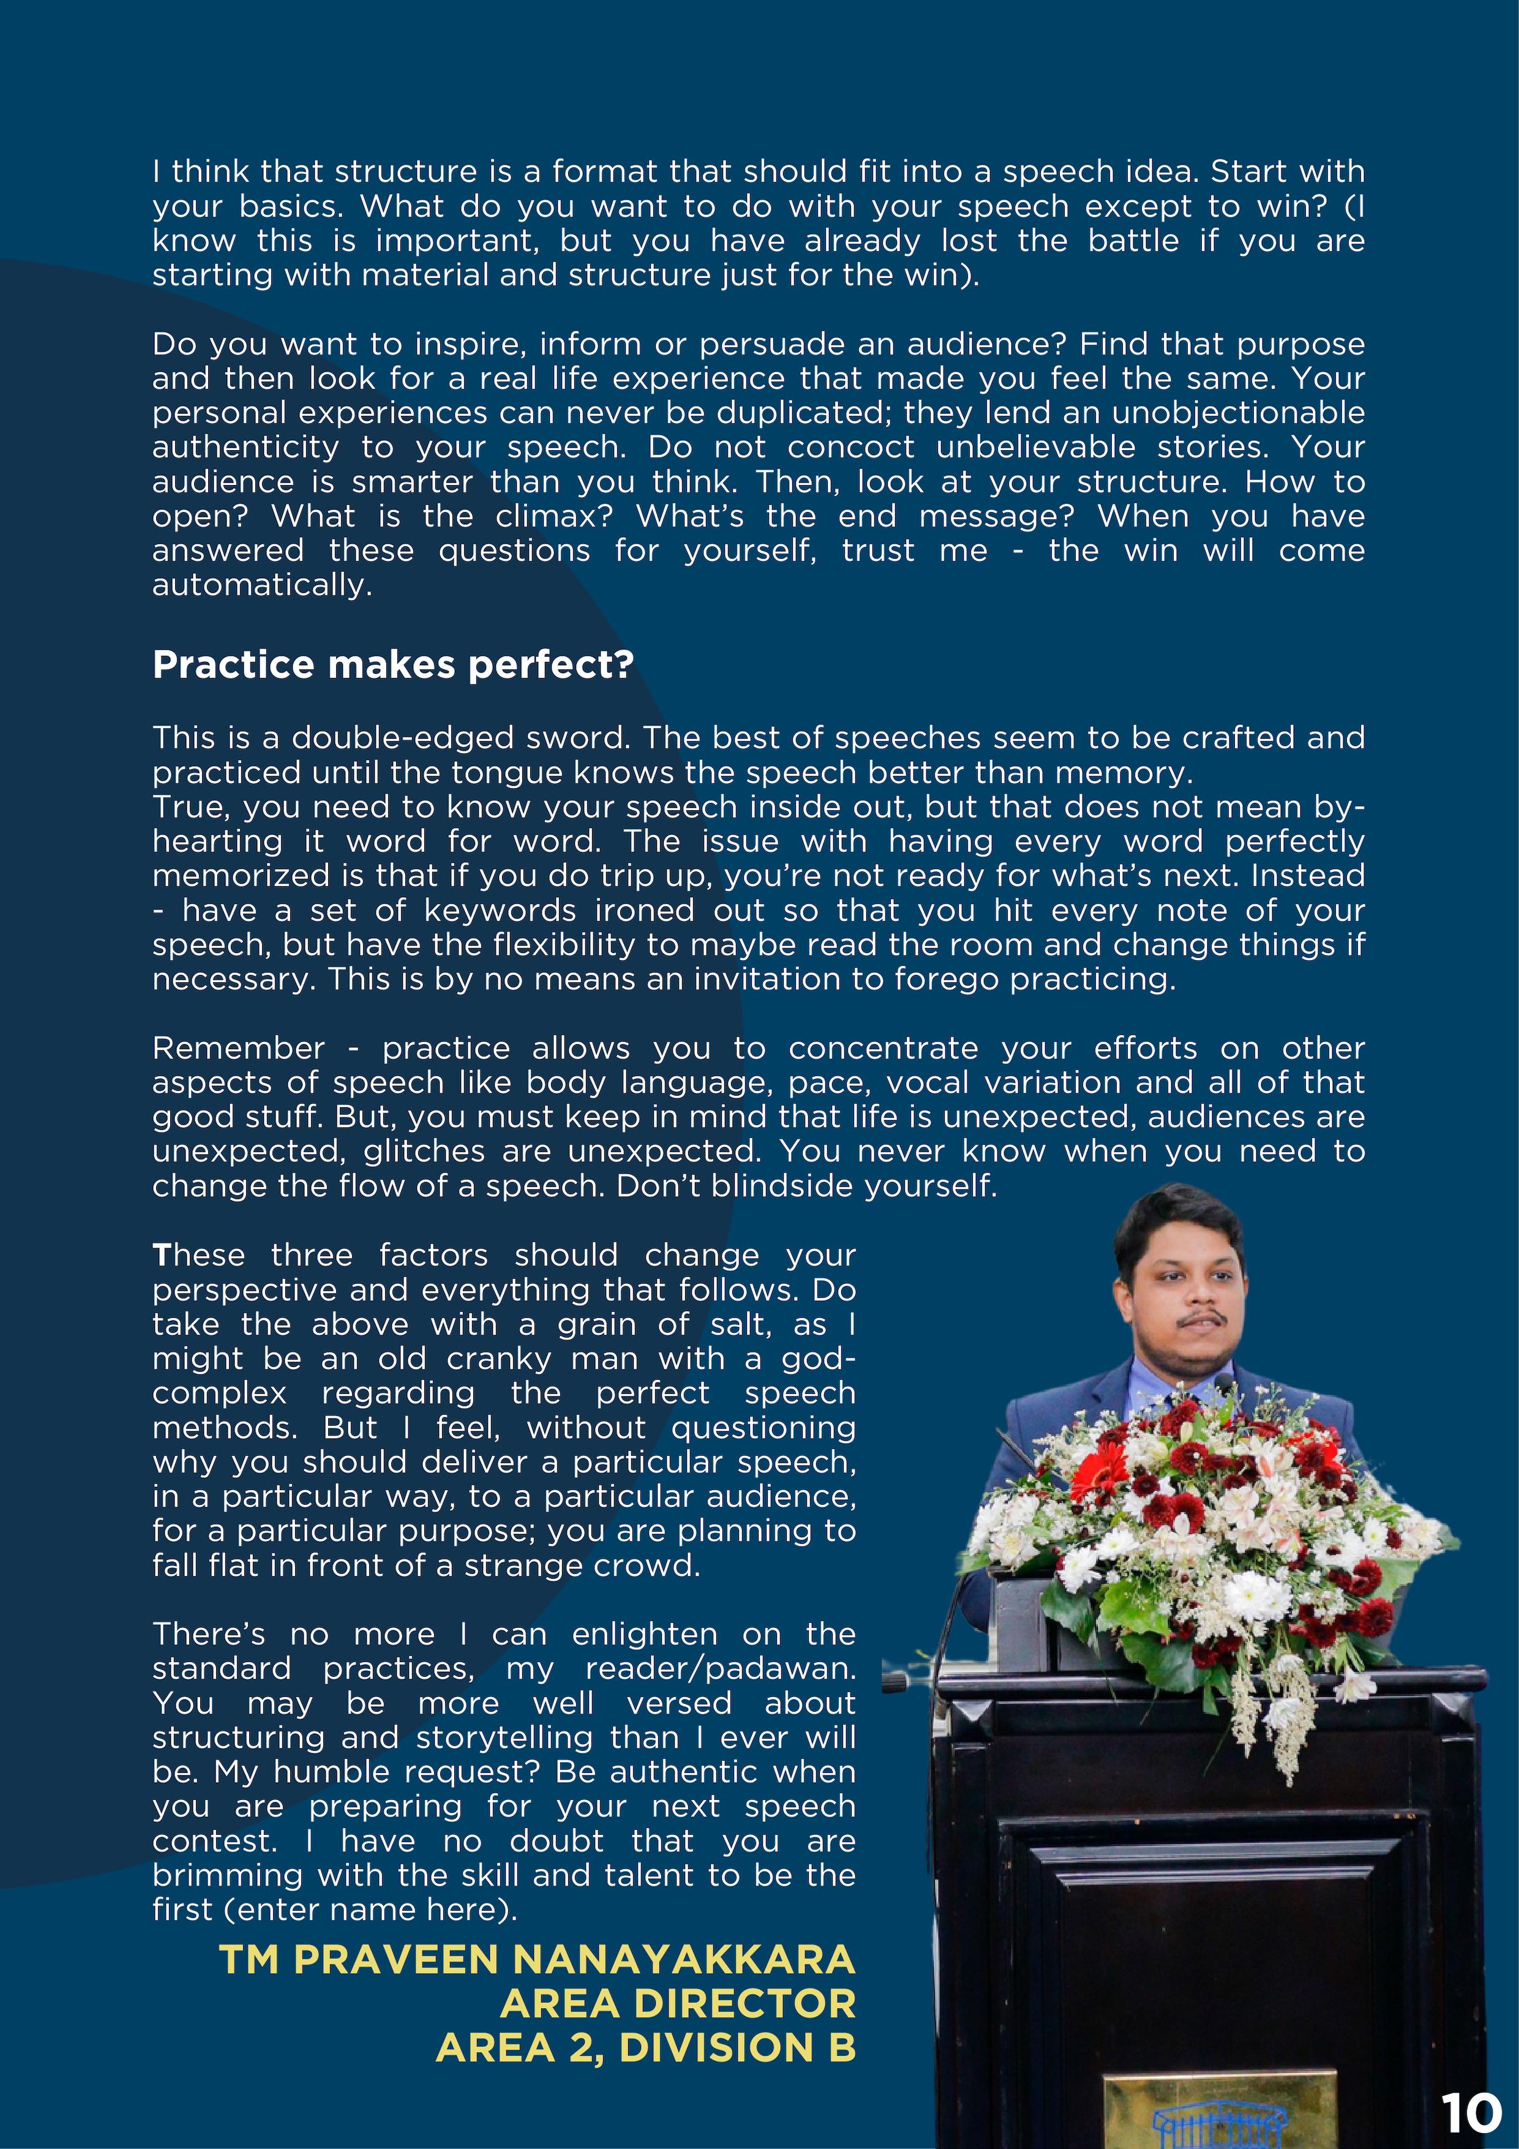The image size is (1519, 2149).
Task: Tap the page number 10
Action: [1471, 2112]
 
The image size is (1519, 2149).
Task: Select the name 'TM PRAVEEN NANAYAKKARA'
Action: [537, 1959]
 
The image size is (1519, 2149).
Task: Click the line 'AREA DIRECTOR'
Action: [678, 2004]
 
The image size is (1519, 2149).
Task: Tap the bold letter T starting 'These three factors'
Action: [161, 1255]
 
